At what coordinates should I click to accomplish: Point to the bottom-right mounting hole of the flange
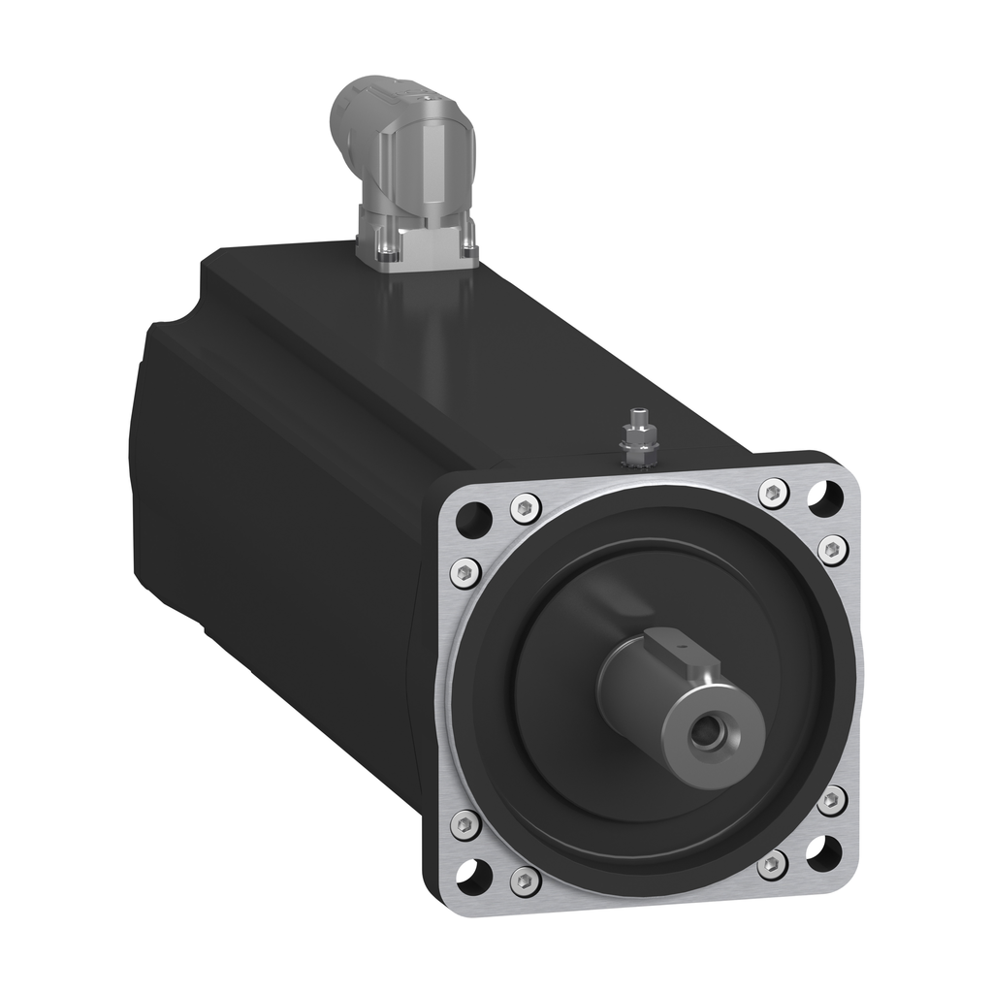[823, 851]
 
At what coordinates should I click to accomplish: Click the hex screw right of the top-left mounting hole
[525, 507]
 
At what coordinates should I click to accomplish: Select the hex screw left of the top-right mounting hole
[773, 493]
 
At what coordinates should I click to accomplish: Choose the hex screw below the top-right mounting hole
[832, 549]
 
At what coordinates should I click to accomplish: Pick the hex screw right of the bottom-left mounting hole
[525, 880]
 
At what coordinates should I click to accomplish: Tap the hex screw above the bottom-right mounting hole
[830, 801]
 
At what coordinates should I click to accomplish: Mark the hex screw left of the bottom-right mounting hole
[772, 865]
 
